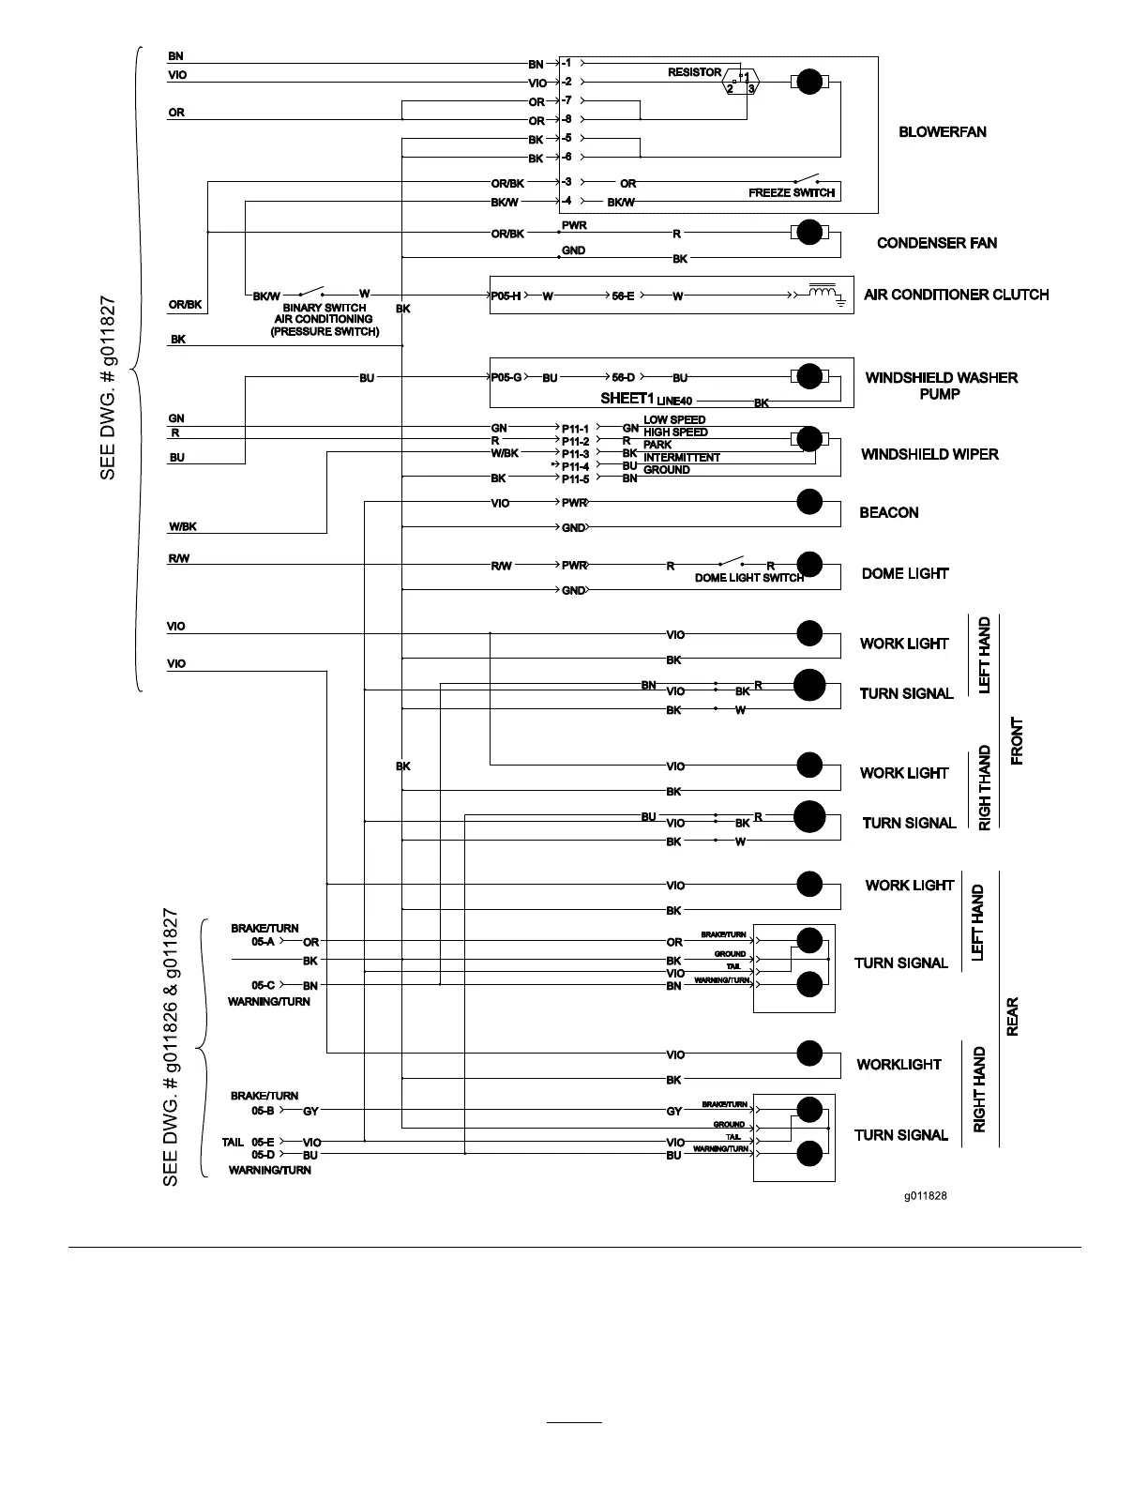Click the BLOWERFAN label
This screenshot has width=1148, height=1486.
(942, 132)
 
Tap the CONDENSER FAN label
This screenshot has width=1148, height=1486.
(936, 243)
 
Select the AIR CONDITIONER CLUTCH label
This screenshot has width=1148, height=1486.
(956, 295)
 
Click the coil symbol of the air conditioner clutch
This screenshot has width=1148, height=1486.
(823, 294)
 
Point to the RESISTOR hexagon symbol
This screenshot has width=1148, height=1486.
(741, 83)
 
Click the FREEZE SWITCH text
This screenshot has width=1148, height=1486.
(791, 193)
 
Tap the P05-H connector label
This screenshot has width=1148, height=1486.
(506, 296)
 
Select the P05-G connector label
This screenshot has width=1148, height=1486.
(506, 378)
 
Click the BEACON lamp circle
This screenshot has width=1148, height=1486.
(809, 502)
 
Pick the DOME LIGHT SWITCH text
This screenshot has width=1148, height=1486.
(748, 578)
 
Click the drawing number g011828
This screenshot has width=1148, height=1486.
(925, 1196)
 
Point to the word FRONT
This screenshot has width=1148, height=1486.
(1017, 741)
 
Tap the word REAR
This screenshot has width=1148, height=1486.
(1012, 1017)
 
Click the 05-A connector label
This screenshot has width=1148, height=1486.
(263, 942)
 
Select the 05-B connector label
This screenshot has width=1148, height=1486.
(263, 1111)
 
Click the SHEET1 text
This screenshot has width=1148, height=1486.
(626, 398)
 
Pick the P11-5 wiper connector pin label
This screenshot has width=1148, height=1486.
(575, 479)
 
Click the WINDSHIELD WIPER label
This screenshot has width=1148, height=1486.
(929, 454)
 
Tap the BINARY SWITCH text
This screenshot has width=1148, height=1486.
(325, 308)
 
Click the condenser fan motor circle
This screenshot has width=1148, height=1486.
(808, 232)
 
